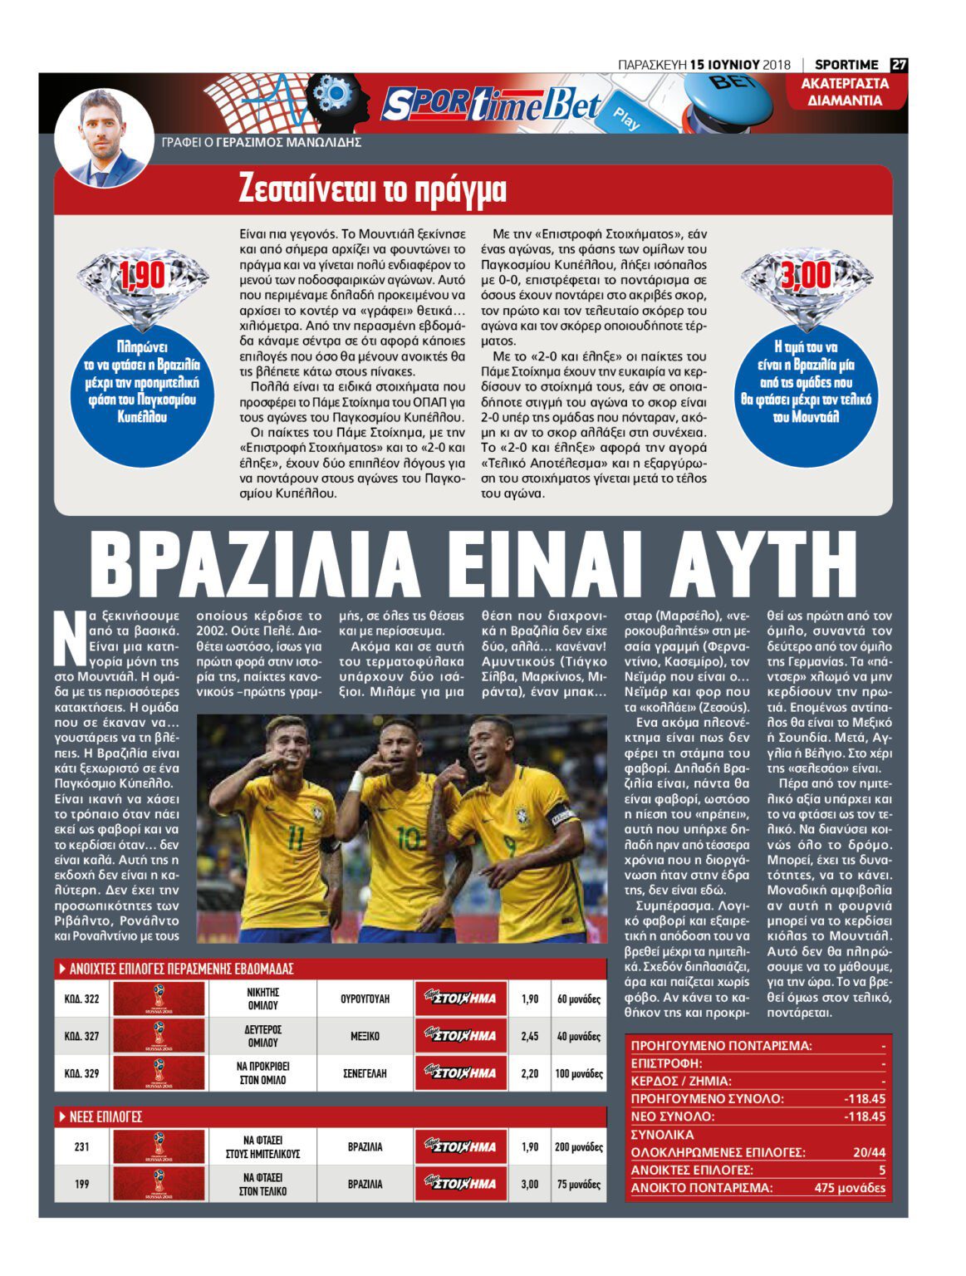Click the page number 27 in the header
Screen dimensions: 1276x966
click(x=899, y=65)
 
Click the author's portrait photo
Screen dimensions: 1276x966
click(x=104, y=137)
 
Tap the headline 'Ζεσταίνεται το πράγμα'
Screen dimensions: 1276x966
click(x=372, y=190)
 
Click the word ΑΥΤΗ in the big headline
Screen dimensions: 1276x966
click(x=763, y=565)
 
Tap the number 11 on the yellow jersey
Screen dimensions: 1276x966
click(x=296, y=837)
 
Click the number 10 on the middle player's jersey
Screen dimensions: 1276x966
click(x=407, y=836)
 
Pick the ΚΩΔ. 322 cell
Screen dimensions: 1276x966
click(x=81, y=999)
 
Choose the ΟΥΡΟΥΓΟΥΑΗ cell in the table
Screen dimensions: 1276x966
click(x=365, y=999)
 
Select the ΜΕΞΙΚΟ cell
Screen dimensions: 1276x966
click(x=365, y=1036)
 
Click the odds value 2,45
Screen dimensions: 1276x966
click(x=530, y=1036)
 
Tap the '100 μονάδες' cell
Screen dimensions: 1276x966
click(x=578, y=1073)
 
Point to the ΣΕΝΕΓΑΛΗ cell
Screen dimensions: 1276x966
click(x=365, y=1073)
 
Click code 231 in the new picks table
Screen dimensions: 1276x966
click(x=81, y=1146)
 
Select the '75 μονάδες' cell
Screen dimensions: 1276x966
click(x=578, y=1184)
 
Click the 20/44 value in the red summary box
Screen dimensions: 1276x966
click(x=869, y=1152)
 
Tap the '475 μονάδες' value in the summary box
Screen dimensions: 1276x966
click(x=850, y=1188)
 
